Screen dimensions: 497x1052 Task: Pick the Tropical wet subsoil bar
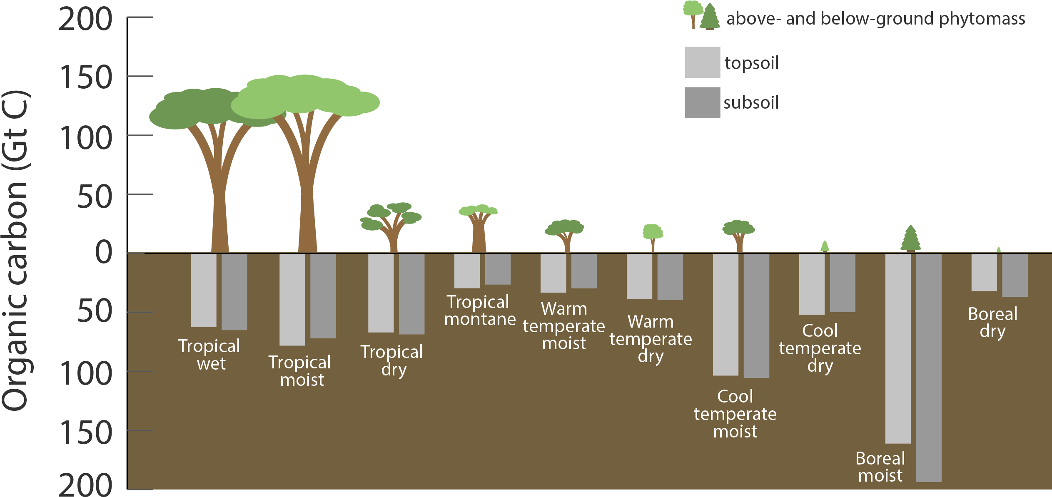coord(234,292)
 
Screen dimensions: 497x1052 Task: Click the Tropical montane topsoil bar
coord(467,271)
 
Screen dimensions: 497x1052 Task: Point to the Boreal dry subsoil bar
coord(1015,275)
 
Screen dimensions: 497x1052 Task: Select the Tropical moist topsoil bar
coord(292,300)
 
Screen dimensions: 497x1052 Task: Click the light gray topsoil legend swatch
coord(702,62)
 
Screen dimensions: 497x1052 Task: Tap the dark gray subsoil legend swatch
coord(702,102)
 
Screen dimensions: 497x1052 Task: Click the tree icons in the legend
coord(702,16)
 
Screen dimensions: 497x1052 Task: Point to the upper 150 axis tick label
coord(86,77)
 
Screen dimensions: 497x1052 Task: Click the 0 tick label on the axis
coord(103,252)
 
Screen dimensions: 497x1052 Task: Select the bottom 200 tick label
coord(86,485)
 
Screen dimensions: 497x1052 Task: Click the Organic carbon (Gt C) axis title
coord(15,250)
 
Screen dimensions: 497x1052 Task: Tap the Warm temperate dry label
coord(651,339)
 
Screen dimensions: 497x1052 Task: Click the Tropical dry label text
coord(392,360)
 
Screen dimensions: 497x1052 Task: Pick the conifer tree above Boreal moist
coord(910,238)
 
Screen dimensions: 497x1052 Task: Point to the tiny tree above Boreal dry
coord(998,250)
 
